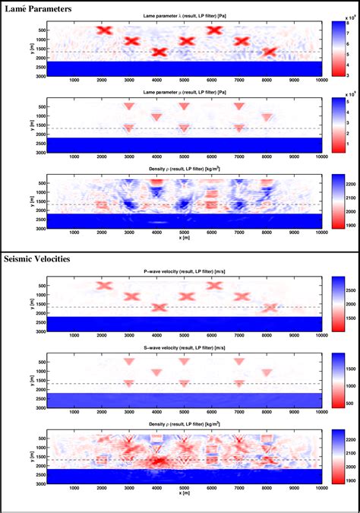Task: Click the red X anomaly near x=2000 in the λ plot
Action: (x=104, y=30)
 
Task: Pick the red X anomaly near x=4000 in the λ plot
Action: (x=159, y=52)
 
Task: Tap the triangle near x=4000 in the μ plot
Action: (x=156, y=117)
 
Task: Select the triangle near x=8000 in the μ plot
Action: (x=267, y=117)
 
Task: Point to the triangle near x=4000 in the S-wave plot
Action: (x=156, y=372)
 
